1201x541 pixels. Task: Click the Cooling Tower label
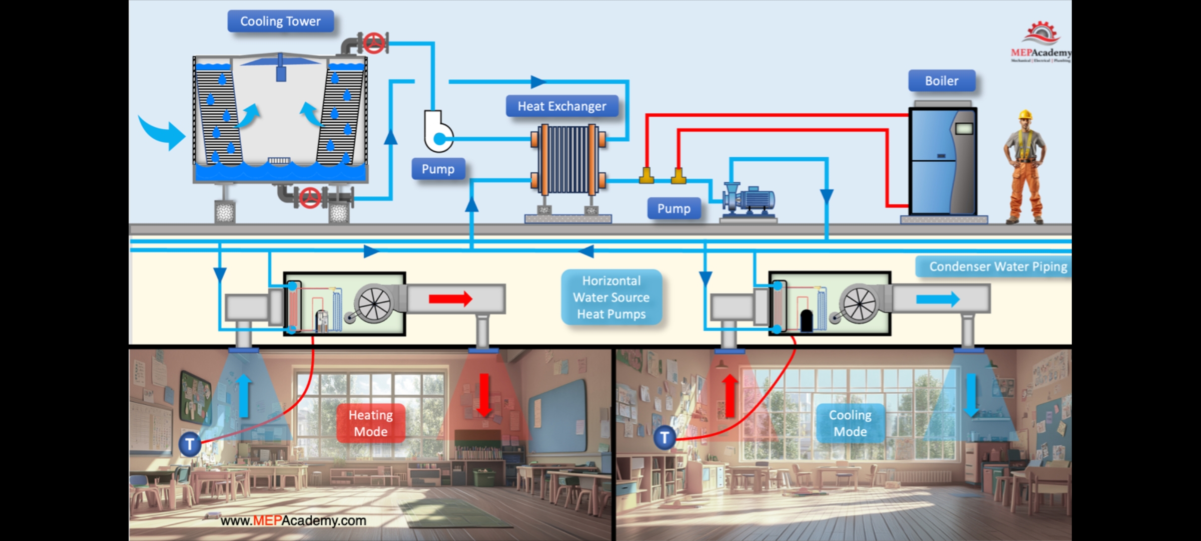[x=280, y=21]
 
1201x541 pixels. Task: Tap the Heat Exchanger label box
[x=561, y=106]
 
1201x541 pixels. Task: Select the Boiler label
[x=941, y=81]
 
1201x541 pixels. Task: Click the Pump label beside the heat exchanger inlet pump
[x=438, y=169]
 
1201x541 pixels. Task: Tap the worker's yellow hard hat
[x=1025, y=115]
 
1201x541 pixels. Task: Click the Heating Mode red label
[x=370, y=423]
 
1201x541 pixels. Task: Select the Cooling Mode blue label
[x=850, y=423]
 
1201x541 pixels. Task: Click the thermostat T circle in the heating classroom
[x=190, y=444]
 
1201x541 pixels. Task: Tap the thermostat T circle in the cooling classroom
[x=665, y=438]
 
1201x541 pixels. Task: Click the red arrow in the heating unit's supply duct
[x=450, y=299]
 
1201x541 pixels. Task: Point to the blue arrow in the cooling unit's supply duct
[x=937, y=300]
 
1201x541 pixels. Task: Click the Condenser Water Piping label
[x=998, y=266]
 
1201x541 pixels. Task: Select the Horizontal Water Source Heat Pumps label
[x=611, y=298]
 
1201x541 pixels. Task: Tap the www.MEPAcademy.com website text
[x=293, y=520]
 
